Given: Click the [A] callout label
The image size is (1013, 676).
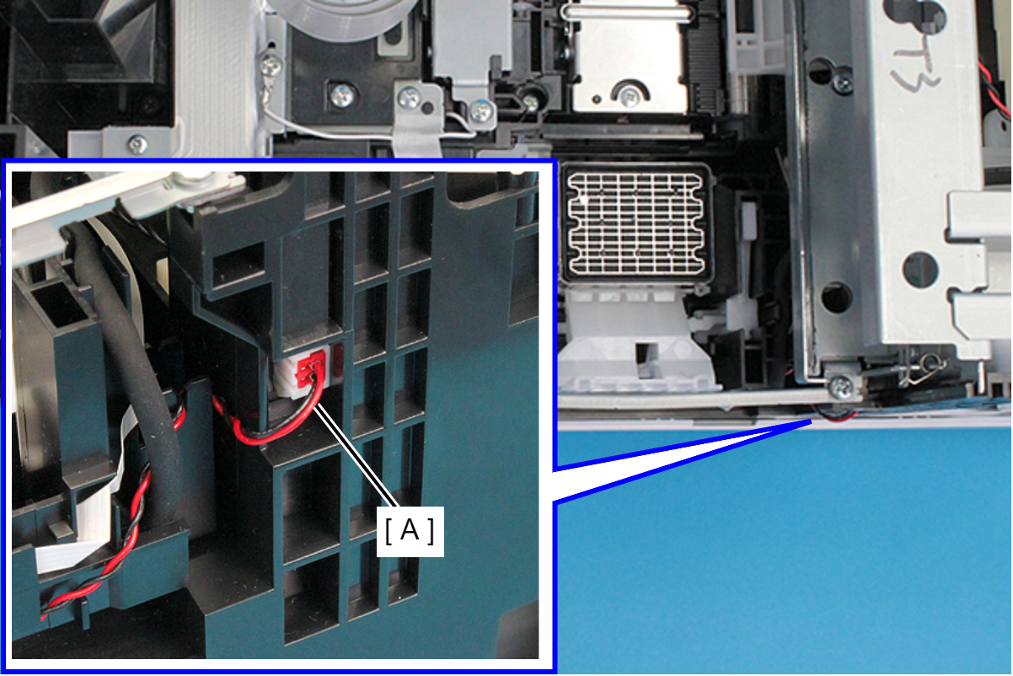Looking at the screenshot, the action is tap(410, 531).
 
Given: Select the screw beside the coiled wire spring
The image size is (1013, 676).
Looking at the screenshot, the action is tap(841, 388).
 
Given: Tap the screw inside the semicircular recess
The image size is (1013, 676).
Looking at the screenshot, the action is tap(629, 96).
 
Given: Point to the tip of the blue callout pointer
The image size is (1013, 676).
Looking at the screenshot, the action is tap(812, 421).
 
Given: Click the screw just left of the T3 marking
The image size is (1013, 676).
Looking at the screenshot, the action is tap(842, 83).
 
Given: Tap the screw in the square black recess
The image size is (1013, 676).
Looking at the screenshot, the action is tap(342, 96).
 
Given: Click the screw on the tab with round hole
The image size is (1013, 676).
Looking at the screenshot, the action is tap(410, 97).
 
